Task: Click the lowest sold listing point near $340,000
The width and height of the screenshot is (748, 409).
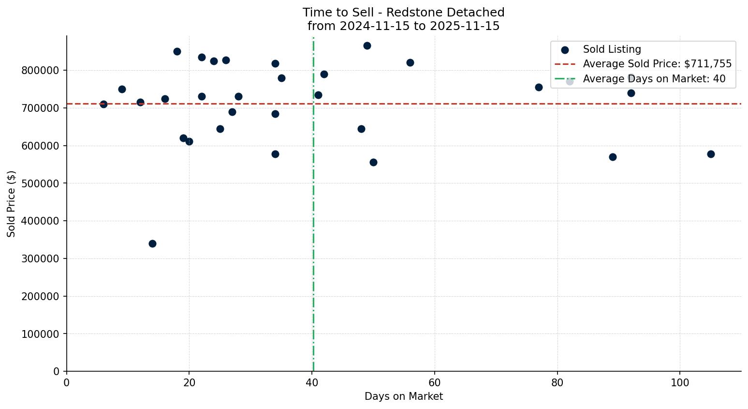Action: pyautogui.click(x=152, y=243)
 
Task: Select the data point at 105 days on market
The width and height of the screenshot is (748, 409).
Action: pyautogui.click(x=710, y=154)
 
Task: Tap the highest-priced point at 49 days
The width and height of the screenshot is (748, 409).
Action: pyautogui.click(x=367, y=45)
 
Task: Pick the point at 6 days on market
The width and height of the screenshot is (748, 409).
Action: pyautogui.click(x=103, y=104)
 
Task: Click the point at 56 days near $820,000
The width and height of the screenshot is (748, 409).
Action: pyautogui.click(x=410, y=62)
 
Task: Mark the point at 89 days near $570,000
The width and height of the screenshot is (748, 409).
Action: pyautogui.click(x=613, y=157)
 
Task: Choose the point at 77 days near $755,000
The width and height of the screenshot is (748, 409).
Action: pyautogui.click(x=539, y=87)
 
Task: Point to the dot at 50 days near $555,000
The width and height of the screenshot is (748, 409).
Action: pyautogui.click(x=373, y=162)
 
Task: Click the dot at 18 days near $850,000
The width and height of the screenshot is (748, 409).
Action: pyautogui.click(x=177, y=51)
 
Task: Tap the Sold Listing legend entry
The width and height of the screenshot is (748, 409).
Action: pyautogui.click(x=612, y=49)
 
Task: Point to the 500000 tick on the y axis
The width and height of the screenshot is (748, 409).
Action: pyautogui.click(x=40, y=183)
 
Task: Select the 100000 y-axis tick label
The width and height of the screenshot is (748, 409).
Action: pyautogui.click(x=40, y=334)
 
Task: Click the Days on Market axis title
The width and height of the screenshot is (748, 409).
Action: pyautogui.click(x=404, y=396)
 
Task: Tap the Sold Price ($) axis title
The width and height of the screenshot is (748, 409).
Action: pyautogui.click(x=12, y=204)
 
